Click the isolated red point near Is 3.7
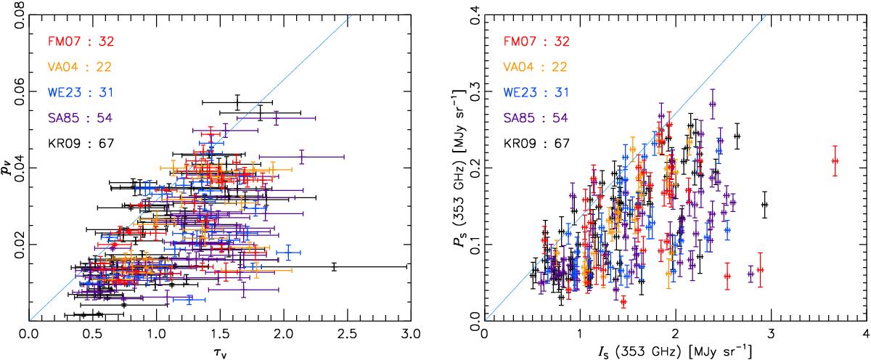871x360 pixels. [x=834, y=161]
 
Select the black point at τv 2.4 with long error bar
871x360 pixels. [x=334, y=267]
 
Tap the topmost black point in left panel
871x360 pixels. [x=237, y=103]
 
